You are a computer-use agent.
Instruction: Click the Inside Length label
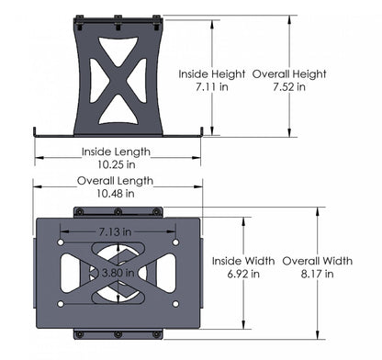coord(116,152)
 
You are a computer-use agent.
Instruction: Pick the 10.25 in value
coord(116,164)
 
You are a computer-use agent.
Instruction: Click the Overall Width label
coord(317,260)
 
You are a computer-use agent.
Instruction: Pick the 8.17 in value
coord(317,273)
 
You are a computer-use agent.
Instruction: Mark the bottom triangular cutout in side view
coord(117,109)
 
